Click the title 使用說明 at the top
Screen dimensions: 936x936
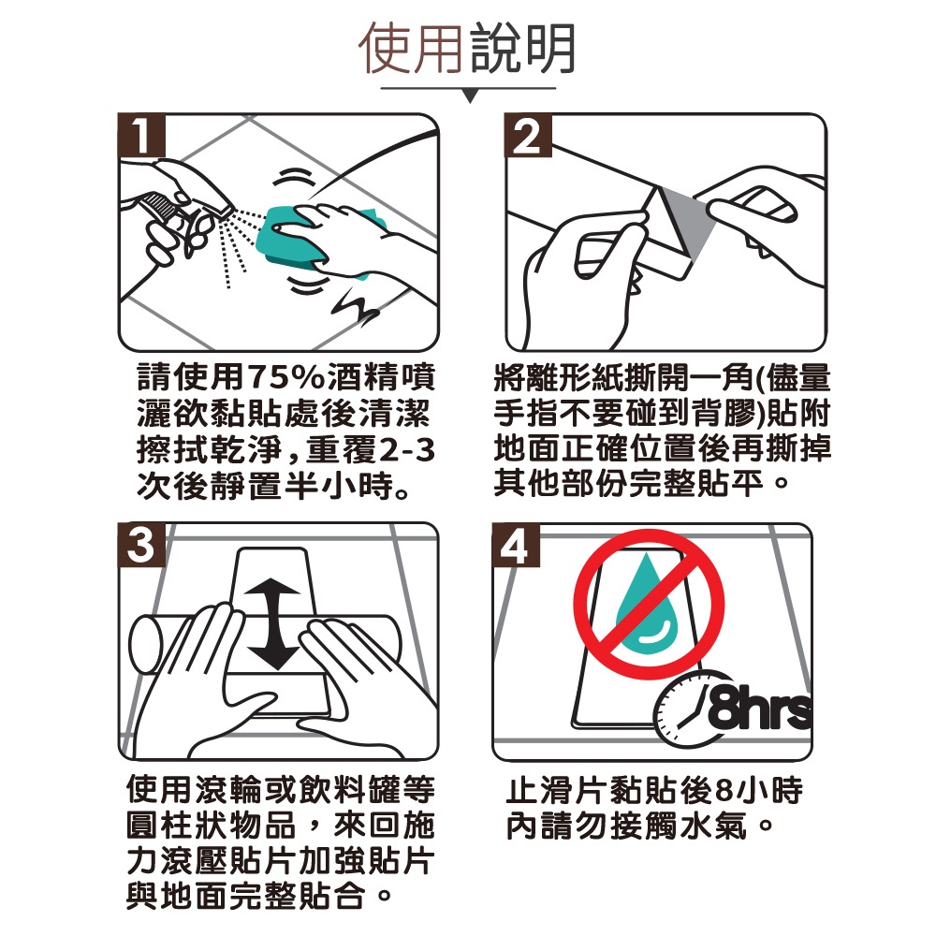[x=467, y=49]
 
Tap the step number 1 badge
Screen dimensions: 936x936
[x=141, y=135]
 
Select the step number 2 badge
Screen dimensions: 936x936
[x=528, y=135]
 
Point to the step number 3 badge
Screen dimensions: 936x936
[x=141, y=545]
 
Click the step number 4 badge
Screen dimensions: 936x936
[x=516, y=545]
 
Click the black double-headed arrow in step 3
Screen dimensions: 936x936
[x=272, y=624]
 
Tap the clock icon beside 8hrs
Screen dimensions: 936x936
[x=680, y=709]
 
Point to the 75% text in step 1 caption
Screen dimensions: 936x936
[x=288, y=376]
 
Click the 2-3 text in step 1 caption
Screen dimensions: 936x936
[x=407, y=450]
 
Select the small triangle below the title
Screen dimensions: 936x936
[x=470, y=96]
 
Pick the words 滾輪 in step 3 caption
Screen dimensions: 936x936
[x=229, y=790]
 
